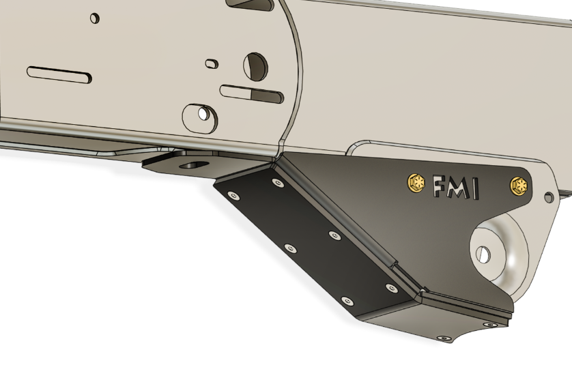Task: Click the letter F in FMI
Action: coord(439,186)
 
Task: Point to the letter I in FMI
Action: coord(474,190)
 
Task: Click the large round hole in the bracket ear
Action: coord(484,253)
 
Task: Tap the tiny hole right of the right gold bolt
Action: coord(547,198)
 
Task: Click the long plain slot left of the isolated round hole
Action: coord(59,72)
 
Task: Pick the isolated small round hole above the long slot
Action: coord(95,17)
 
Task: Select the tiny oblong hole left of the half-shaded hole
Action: coord(213,63)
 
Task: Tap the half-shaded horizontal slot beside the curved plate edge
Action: coord(251,93)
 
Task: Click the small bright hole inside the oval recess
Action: coord(203,113)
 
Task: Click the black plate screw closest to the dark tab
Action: coord(277,183)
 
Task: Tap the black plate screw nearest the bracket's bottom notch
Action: coord(390,288)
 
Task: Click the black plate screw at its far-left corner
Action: coord(234,196)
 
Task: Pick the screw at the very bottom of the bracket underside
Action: coord(445,338)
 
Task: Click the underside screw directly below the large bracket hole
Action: coord(486,325)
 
